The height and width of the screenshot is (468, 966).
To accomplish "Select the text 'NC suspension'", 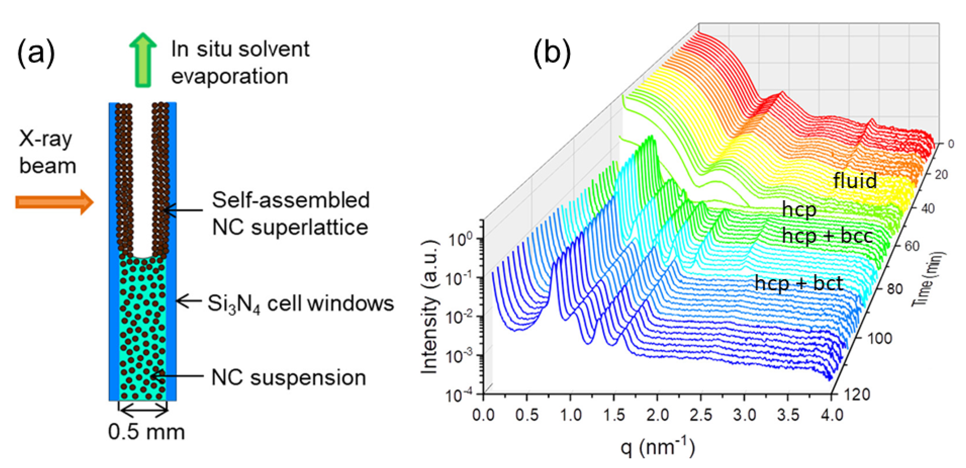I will tap(288, 377).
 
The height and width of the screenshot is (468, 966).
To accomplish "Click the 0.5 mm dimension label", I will tap(146, 432).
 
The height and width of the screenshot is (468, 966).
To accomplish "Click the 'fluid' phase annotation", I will tap(855, 180).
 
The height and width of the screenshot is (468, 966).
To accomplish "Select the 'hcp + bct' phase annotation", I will tap(799, 283).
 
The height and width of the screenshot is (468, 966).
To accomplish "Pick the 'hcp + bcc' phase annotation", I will tap(827, 235).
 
